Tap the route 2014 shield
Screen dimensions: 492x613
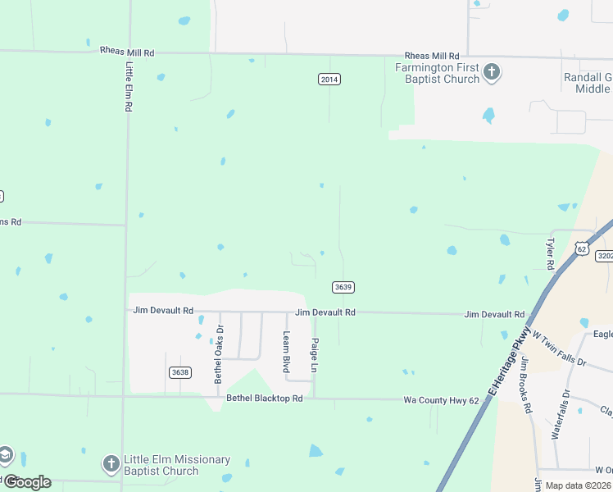329,80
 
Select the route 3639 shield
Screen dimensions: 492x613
343,287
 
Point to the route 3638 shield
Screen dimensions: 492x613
180,372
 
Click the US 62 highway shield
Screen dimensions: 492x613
582,248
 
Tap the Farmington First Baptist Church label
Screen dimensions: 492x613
438,73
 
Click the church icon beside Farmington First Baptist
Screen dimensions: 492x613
492,73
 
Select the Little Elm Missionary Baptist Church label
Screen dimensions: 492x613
177,465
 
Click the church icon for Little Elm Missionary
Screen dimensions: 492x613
111,465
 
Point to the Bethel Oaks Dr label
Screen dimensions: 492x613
219,354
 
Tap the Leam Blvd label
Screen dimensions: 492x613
287,352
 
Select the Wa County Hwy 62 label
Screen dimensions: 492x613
441,400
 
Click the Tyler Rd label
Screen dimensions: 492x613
551,254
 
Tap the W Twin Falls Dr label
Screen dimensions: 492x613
560,348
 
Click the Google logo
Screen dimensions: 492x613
27,482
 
